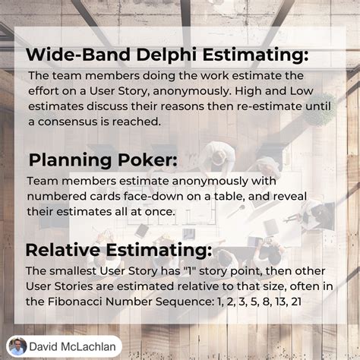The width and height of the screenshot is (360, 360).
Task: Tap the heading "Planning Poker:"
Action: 103,160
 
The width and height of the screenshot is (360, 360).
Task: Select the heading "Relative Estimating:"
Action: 118,251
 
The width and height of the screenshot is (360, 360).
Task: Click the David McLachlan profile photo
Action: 17,346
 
